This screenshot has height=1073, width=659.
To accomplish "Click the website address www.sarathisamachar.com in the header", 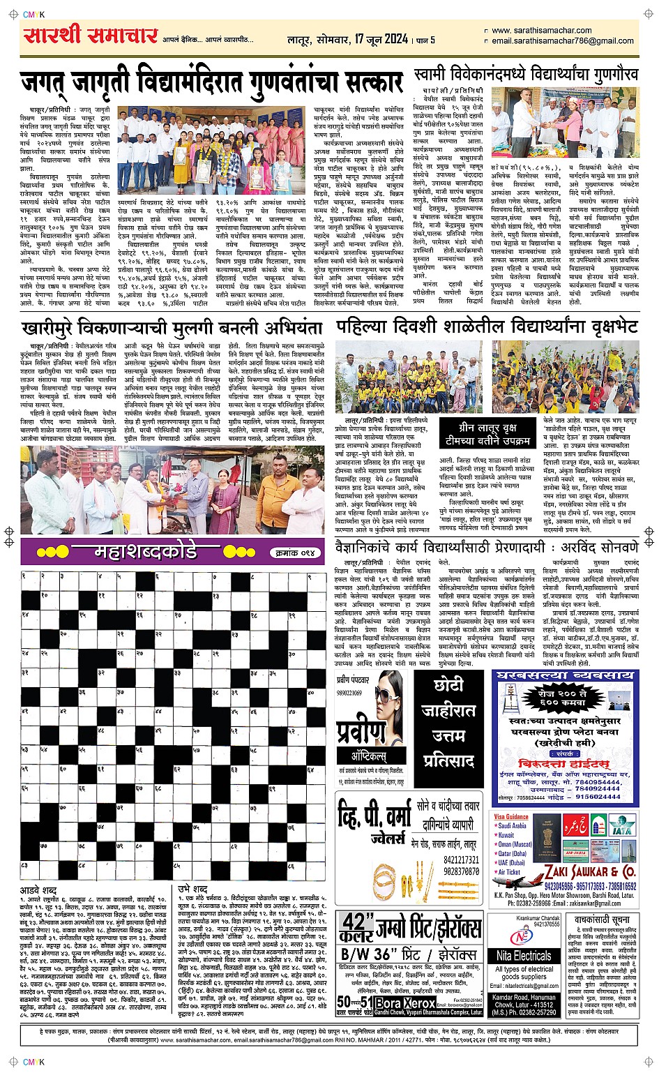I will coord(542,31).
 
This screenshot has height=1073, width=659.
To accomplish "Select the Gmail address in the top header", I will coord(563,41).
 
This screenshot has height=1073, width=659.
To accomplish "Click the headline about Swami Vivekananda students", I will coord(526,75).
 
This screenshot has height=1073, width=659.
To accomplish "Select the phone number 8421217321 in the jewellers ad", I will coord(462,860).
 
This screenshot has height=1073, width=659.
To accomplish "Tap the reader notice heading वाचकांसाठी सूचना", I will coord(602,920).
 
